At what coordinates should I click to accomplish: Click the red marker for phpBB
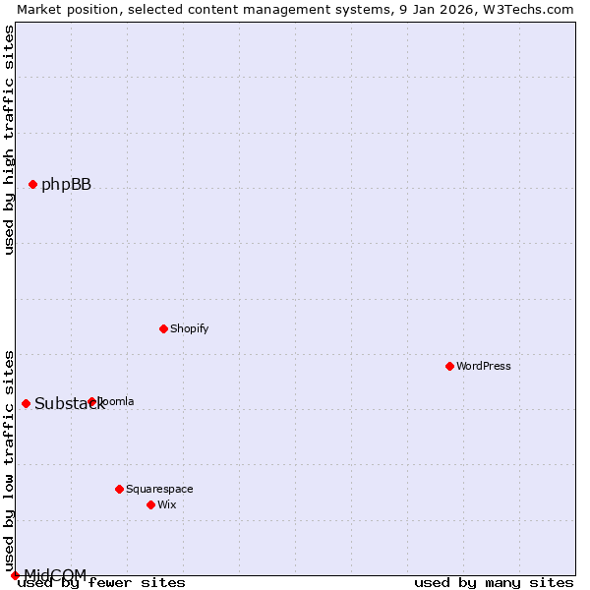[x=32, y=184]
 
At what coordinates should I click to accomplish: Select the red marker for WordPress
[x=449, y=366]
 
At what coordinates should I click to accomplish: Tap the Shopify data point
[x=163, y=328]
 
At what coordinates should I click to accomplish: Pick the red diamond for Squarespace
[x=119, y=489]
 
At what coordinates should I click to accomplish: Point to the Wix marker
[x=150, y=504]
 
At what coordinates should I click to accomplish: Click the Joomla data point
[x=91, y=401]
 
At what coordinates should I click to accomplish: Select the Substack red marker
[x=26, y=403]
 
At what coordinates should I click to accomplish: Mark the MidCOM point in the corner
[x=15, y=575]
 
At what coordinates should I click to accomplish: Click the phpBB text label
[x=66, y=185]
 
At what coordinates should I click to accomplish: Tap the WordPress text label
[x=484, y=366]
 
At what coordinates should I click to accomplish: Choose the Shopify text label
[x=189, y=328]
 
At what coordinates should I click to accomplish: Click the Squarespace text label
[x=159, y=489]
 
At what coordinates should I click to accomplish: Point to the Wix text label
[x=167, y=504]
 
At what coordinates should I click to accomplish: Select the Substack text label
[x=69, y=404]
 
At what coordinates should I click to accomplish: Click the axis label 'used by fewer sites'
[x=102, y=583]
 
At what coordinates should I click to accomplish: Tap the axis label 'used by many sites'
[x=494, y=583]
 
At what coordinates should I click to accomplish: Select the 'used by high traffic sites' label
[x=10, y=140]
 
